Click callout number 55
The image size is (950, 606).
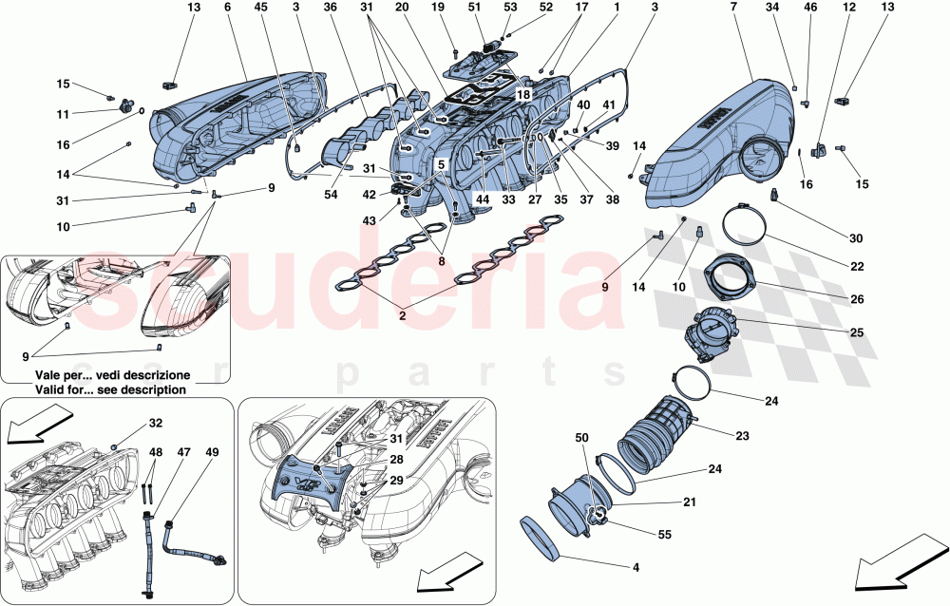point(664,536)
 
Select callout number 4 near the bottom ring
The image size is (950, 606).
point(636,567)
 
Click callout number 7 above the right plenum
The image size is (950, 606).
point(733,7)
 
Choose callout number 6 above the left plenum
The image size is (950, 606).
point(228,7)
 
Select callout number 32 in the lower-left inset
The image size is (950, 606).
point(156,424)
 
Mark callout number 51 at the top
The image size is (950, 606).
point(475,7)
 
